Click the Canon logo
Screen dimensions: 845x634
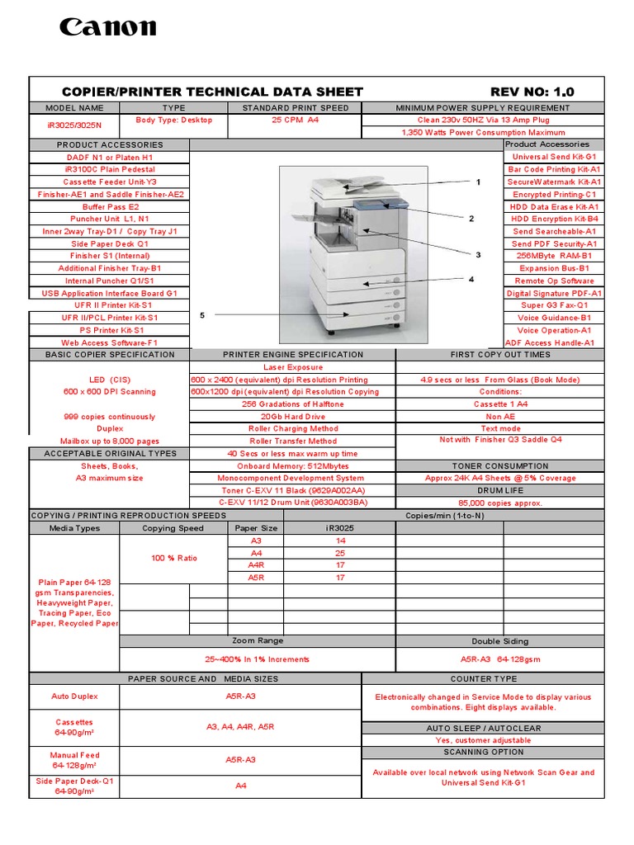pos(107,28)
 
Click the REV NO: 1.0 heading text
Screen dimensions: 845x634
pos(532,92)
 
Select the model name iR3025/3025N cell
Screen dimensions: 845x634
pos(75,125)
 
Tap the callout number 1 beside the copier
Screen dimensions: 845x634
pos(477,182)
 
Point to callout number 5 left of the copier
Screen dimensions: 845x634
pos(202,315)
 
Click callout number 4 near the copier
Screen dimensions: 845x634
pos(471,279)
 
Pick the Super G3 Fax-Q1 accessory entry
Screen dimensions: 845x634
pos(554,305)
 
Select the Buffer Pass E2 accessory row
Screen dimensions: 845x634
pos(111,206)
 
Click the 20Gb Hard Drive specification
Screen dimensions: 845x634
pos(293,417)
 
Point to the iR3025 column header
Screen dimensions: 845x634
pos(340,528)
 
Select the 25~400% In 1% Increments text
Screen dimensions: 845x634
pos(258,659)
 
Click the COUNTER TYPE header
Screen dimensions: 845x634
pos(483,678)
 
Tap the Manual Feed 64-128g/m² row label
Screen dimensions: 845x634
pos(74,760)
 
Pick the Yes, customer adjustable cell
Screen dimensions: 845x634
pos(483,740)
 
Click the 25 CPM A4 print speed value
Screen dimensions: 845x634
pos(295,120)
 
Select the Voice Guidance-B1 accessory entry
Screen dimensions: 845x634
pos(554,318)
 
